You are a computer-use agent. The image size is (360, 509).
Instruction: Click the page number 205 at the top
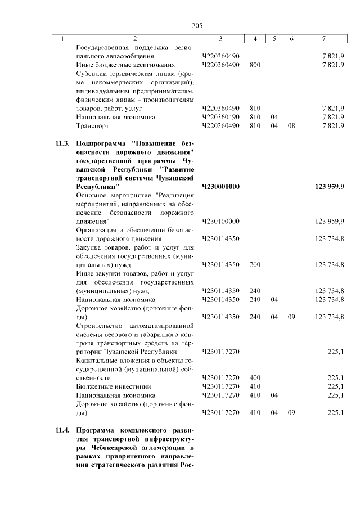[196, 25]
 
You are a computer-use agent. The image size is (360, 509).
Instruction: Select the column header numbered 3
[220, 39]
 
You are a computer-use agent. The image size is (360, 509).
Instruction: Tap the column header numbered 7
[323, 39]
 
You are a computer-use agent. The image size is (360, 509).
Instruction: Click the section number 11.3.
[63, 143]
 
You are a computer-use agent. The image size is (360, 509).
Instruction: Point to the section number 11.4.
[63, 431]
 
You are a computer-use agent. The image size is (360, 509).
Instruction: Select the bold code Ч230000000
[220, 186]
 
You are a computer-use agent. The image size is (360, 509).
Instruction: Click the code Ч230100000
[220, 221]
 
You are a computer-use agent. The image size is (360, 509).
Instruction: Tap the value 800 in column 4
[255, 65]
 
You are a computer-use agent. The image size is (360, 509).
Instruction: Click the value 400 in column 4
[255, 378]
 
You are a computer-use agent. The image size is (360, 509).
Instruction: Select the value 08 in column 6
[291, 126]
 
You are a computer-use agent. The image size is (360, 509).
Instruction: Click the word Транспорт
[92, 126]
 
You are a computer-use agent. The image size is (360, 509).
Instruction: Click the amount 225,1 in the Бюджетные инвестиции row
[335, 387]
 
